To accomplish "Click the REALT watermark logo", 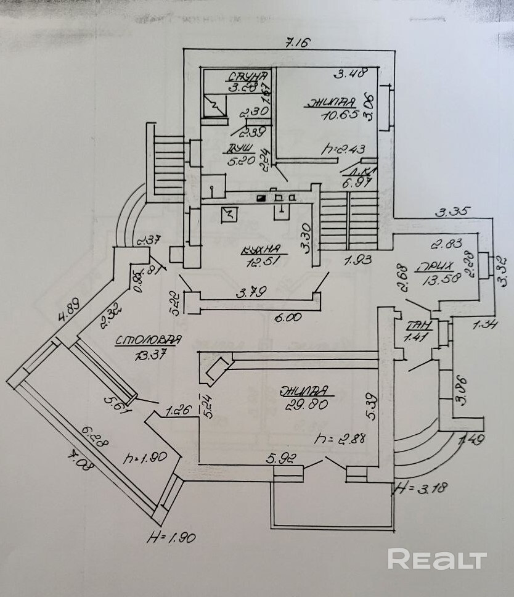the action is [437, 559].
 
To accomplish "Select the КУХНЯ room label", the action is [261, 250].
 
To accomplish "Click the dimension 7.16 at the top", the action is [292, 43].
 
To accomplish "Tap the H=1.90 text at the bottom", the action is [171, 538].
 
